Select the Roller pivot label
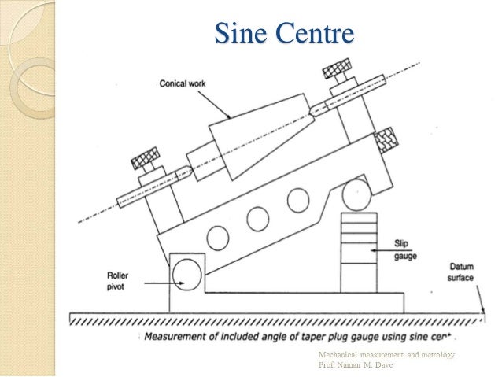coord(121,280)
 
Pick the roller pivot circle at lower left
coord(188,272)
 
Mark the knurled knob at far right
coord(386,140)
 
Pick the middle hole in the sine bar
coord(258,218)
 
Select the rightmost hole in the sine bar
coord(297,200)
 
